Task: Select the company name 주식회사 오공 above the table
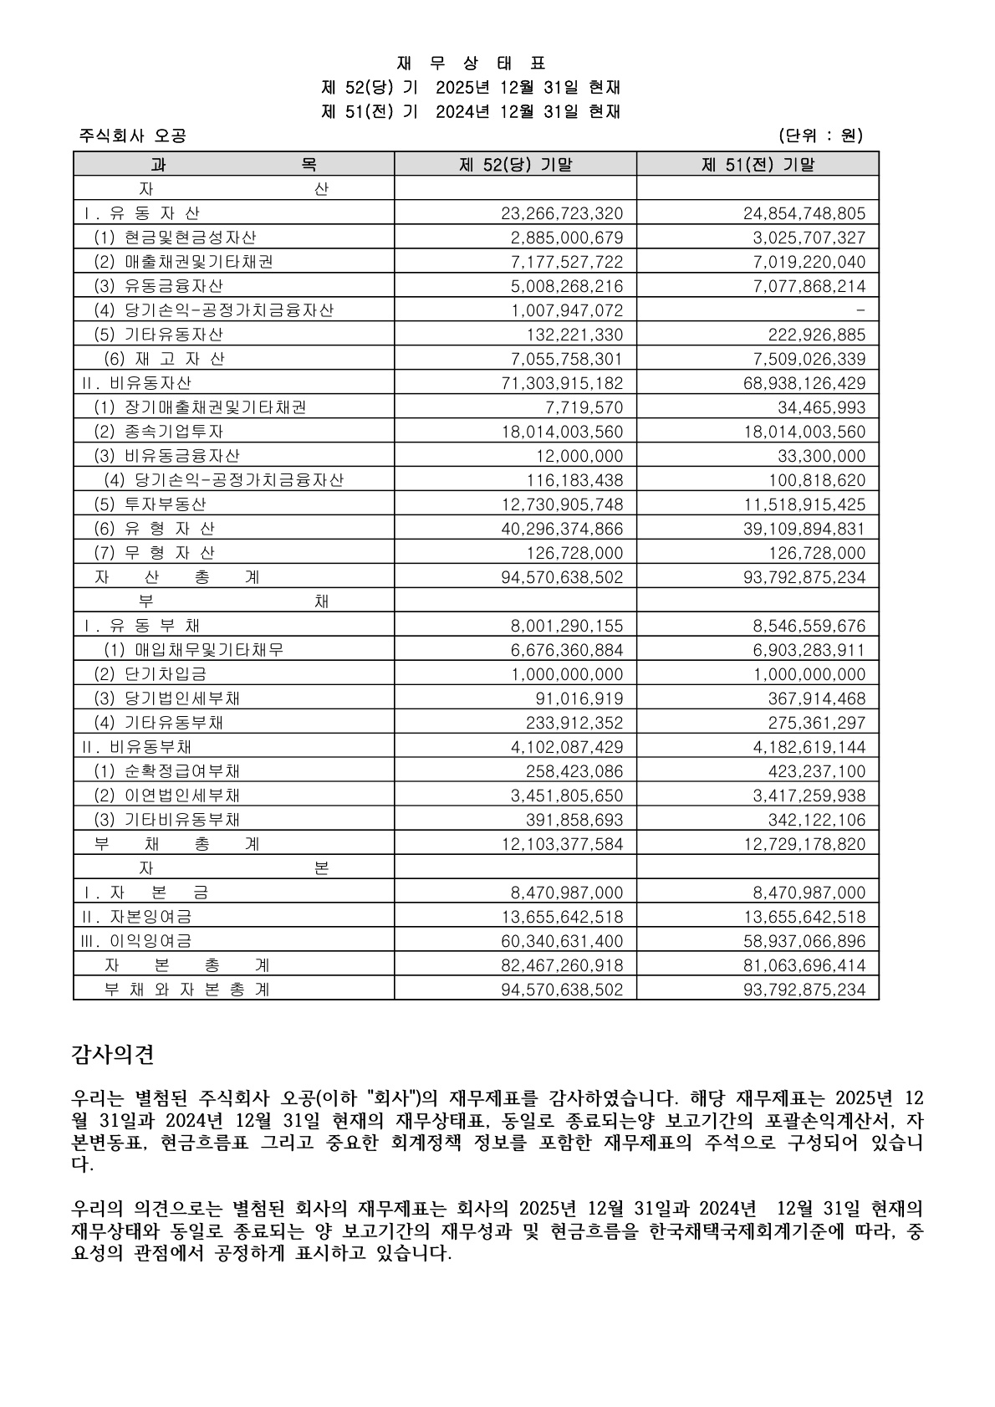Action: tap(132, 136)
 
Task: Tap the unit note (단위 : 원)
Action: tap(819, 136)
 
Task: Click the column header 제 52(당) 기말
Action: tap(515, 164)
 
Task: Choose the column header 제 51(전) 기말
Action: tap(757, 164)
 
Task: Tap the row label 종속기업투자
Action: tap(174, 432)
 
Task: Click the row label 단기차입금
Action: tap(166, 674)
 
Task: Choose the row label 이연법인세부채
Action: tap(182, 796)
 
